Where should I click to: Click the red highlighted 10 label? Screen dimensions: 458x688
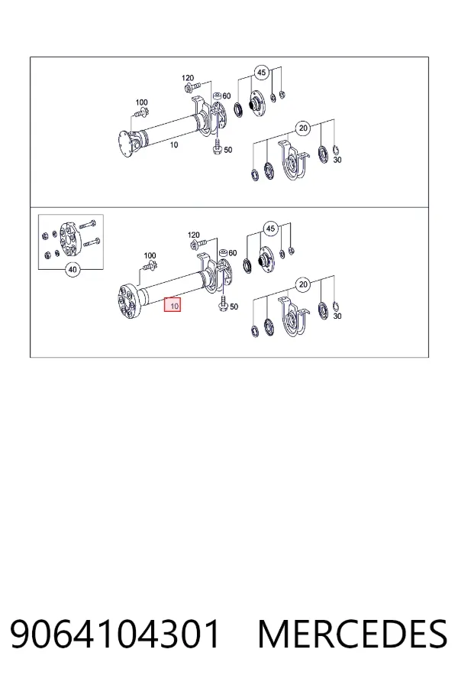pyautogui.click(x=173, y=304)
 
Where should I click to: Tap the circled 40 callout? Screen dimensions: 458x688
pyautogui.click(x=73, y=269)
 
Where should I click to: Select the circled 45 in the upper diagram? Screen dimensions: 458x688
pyautogui.click(x=262, y=72)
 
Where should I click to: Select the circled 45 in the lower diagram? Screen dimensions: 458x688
pyautogui.click(x=271, y=228)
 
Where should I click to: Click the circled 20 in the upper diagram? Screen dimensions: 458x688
pyautogui.click(x=303, y=128)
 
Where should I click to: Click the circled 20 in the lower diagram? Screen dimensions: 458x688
pyautogui.click(x=303, y=284)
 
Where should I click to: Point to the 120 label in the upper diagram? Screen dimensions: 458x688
pyautogui.click(x=188, y=78)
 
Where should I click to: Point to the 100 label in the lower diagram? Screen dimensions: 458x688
pyautogui.click(x=150, y=255)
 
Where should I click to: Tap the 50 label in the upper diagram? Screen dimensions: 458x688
pyautogui.click(x=228, y=150)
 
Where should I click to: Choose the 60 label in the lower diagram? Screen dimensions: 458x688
pyautogui.click(x=232, y=253)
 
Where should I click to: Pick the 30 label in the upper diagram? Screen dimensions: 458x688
pyautogui.click(x=337, y=160)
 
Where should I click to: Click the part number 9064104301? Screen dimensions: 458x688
pyautogui.click(x=114, y=634)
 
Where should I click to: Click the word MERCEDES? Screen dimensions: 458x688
pyautogui.click(x=353, y=634)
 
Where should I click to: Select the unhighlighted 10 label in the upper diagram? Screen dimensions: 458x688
pyautogui.click(x=174, y=144)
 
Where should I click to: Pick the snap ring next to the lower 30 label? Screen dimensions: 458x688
pyautogui.click(x=335, y=306)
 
